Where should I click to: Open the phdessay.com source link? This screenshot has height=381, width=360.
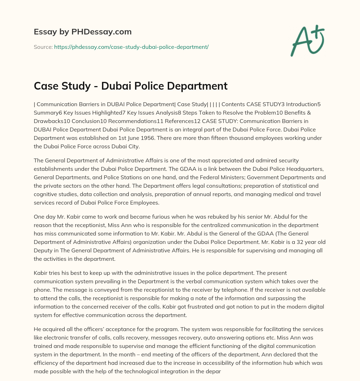pos(131,47)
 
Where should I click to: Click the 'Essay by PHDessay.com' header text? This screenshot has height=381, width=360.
pos(83,32)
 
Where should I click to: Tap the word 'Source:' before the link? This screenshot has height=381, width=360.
pos(43,47)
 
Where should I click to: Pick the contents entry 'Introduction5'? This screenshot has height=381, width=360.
pos(311,104)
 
